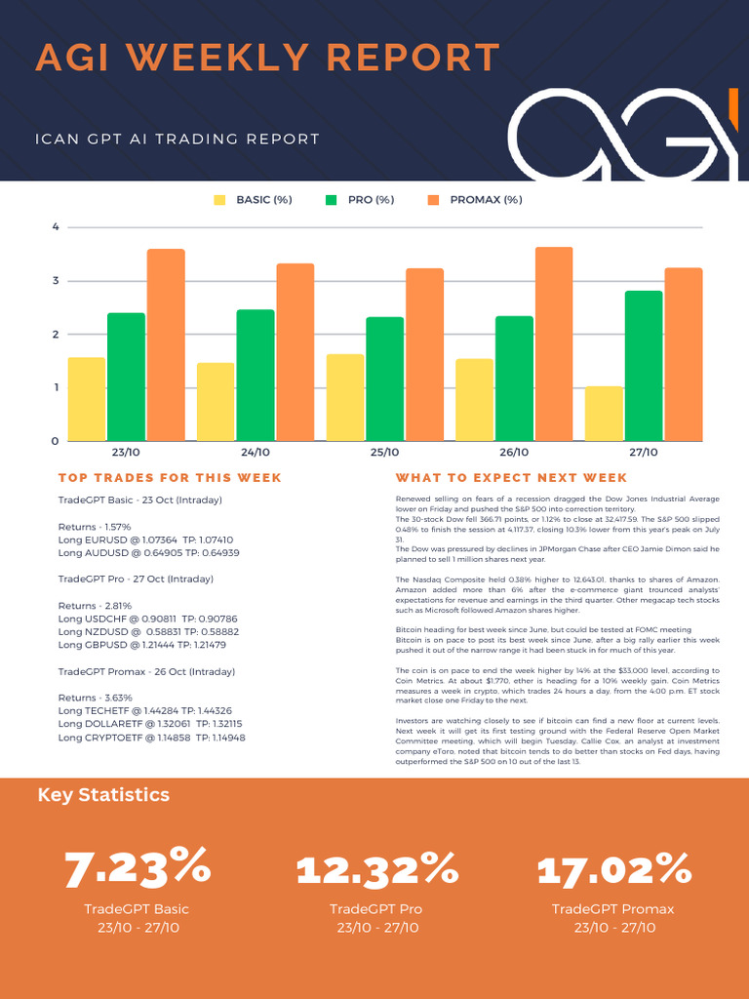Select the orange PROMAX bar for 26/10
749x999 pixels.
554,343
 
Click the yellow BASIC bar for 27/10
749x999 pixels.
604,414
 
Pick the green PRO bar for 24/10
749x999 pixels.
256,375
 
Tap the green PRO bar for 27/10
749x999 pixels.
644,366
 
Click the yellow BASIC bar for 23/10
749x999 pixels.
87,399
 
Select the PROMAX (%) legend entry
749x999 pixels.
475,200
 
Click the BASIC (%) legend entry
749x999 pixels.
254,200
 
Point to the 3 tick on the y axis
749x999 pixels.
56,281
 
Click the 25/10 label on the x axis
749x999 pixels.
384,453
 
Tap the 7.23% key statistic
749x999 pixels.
138,867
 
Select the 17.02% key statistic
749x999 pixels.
613,867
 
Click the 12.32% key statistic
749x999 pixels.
376,867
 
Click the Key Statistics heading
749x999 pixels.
103,795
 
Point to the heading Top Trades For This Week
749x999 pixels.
170,478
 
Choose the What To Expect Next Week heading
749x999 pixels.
511,478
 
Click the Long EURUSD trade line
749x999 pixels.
145,539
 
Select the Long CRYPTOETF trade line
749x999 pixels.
151,738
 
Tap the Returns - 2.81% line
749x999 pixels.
95,606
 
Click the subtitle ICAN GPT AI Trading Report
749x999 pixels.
177,140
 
